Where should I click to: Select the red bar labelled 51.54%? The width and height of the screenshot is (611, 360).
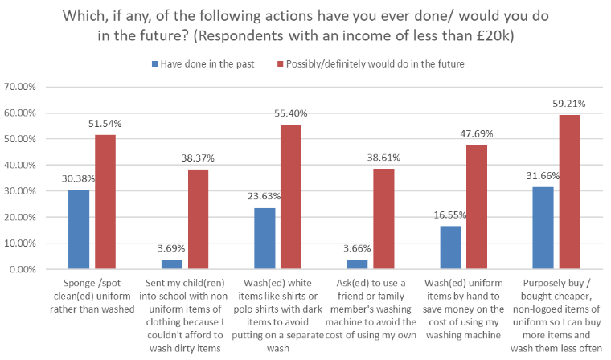[105, 202]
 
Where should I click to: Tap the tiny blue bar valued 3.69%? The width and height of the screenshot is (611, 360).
[171, 264]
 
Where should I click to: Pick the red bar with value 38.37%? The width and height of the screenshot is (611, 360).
[199, 219]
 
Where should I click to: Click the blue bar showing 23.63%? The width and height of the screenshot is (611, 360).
[264, 238]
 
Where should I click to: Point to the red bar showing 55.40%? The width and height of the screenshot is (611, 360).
[292, 197]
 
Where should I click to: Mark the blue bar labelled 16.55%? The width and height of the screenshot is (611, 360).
[451, 247]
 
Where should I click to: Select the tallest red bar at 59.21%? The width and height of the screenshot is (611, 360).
[569, 192]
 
